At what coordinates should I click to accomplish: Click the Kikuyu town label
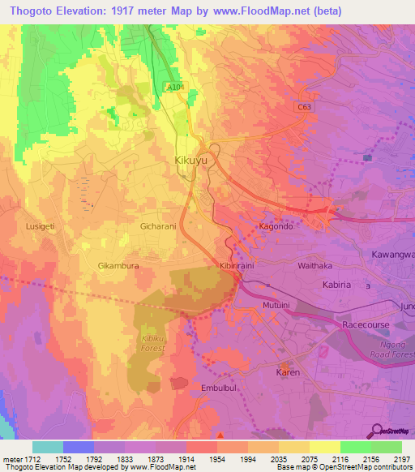click(192, 161)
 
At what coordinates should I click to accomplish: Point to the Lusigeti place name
click(42, 226)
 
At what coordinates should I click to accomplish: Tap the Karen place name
click(288, 372)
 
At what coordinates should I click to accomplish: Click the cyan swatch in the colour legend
click(48, 447)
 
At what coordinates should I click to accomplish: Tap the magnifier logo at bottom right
click(375, 431)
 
